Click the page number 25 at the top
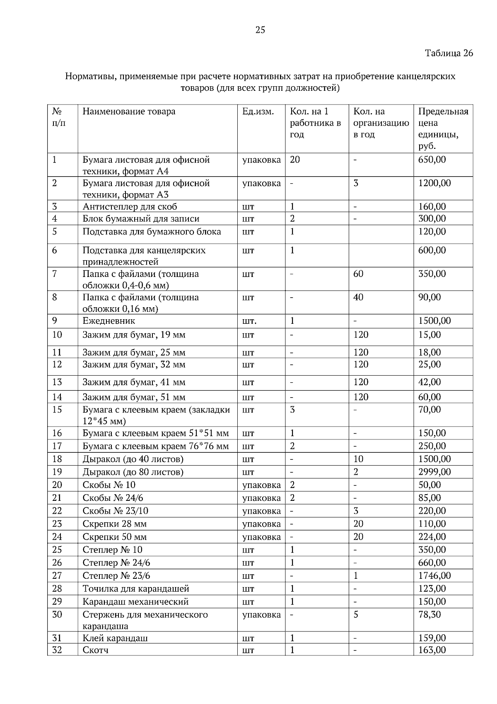point(260,30)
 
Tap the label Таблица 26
point(449,53)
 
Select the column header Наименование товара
point(129,112)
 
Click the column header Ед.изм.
point(258,112)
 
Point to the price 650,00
point(432,160)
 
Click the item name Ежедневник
point(109,321)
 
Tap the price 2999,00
point(434,472)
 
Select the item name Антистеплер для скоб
point(130,207)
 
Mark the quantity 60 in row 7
point(358,274)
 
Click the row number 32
point(57,650)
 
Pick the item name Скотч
point(96,650)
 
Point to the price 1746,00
point(434,575)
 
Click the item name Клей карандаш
point(115,638)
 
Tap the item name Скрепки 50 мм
point(115,537)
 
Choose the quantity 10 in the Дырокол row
point(358,459)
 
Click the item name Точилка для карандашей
point(136,589)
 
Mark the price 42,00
point(429,382)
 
